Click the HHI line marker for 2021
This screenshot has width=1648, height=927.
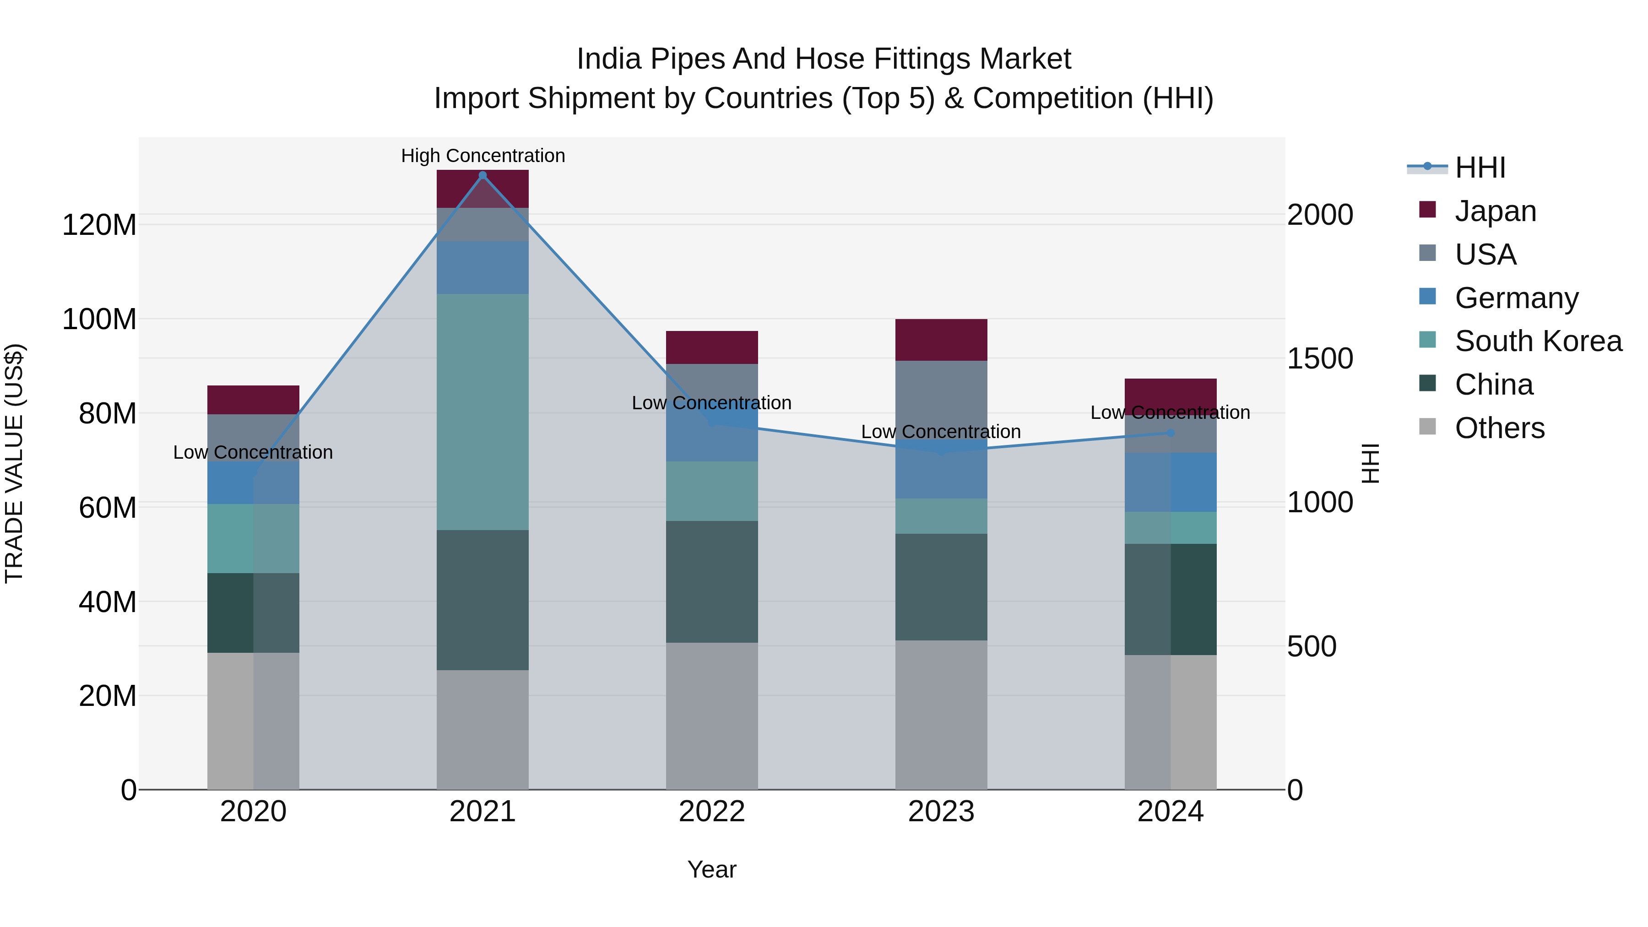tap(482, 175)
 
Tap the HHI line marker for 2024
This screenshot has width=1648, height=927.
tap(1171, 433)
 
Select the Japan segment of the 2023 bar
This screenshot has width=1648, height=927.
tap(941, 340)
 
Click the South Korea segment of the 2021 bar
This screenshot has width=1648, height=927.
tap(482, 412)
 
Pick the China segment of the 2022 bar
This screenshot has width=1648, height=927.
tap(711, 581)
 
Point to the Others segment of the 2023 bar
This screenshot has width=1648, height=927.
tap(941, 715)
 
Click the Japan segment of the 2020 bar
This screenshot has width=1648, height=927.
tap(253, 400)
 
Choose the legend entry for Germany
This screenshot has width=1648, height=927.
tap(1516, 298)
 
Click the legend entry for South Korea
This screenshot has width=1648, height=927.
tap(1538, 341)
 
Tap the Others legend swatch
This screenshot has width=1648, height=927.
tap(1427, 427)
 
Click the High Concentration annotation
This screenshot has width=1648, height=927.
tap(483, 156)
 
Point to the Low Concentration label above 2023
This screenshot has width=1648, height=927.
tap(940, 432)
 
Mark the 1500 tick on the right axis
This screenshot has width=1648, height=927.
tap(1320, 359)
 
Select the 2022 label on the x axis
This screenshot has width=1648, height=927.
tap(711, 812)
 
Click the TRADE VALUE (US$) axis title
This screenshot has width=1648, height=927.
tap(14, 463)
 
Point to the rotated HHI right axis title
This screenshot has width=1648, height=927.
tap(1370, 463)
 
